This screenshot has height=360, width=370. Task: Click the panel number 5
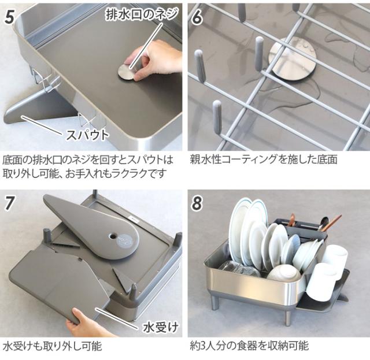tap(10, 16)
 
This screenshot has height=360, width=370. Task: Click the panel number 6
tap(197, 16)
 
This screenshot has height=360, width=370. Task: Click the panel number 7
tap(10, 203)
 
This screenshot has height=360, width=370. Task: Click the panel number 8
tap(197, 203)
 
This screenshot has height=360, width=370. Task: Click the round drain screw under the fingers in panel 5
tap(128, 71)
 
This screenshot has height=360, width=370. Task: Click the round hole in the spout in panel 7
tap(112, 236)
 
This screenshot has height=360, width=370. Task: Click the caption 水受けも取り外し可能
tap(53, 346)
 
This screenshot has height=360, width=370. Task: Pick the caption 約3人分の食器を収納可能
tap(249, 346)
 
